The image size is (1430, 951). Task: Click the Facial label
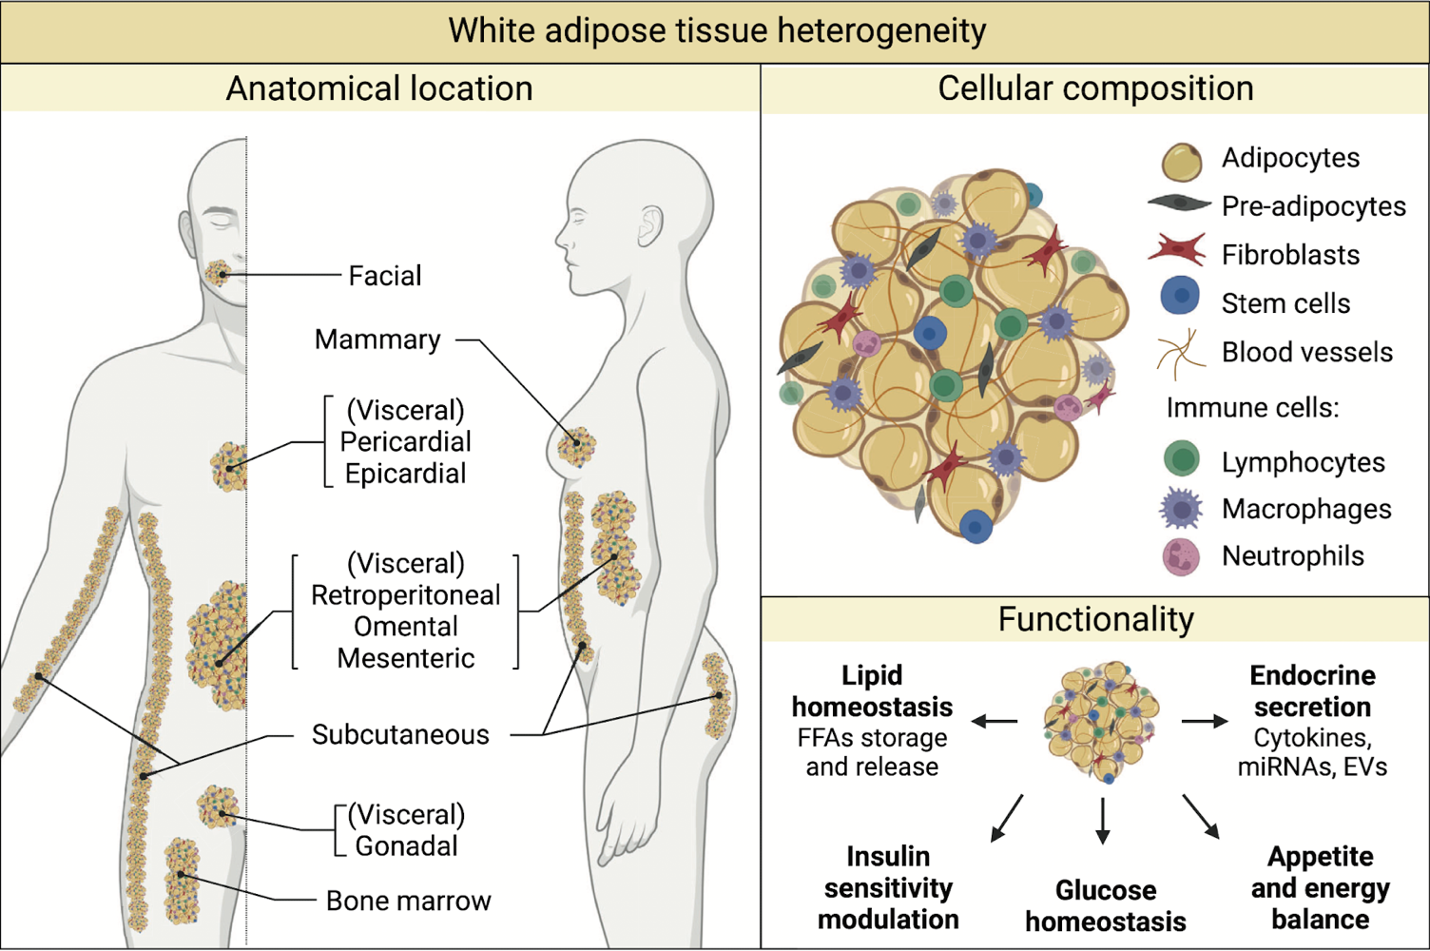(384, 276)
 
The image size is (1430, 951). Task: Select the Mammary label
(377, 340)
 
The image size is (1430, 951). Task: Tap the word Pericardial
(405, 441)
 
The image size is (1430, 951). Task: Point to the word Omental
(405, 627)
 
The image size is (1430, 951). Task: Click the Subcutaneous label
(400, 734)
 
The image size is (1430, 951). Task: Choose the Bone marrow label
(408, 901)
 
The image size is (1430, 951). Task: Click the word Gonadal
(406, 845)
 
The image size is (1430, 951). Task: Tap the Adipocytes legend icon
(1181, 161)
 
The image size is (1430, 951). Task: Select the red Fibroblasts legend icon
(1178, 249)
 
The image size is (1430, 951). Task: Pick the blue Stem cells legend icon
(1181, 296)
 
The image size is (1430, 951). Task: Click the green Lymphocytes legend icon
(1182, 458)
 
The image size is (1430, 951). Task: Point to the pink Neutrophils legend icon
(1181, 556)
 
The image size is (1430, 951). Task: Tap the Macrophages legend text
(1305, 509)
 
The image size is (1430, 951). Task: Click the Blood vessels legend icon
(1180, 353)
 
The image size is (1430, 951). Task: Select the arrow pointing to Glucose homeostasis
(1103, 821)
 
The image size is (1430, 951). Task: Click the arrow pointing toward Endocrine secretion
(1205, 722)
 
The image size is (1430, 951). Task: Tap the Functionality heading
(1095, 619)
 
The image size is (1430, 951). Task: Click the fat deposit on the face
(219, 274)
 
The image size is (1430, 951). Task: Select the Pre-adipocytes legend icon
(1179, 203)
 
